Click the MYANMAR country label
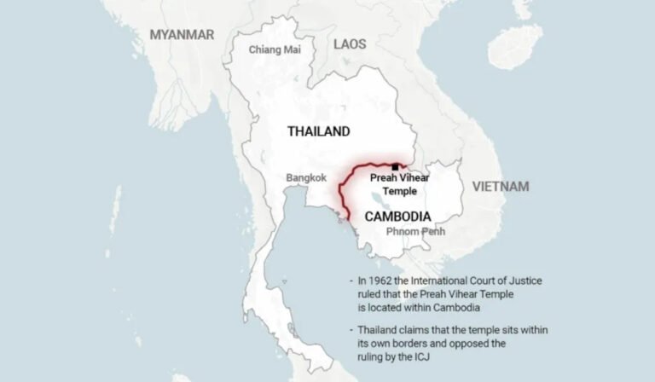[x=182, y=34]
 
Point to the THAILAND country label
[x=318, y=131]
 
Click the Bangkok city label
[x=306, y=177]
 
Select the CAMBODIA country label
[x=397, y=216]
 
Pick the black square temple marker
[x=395, y=166]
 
